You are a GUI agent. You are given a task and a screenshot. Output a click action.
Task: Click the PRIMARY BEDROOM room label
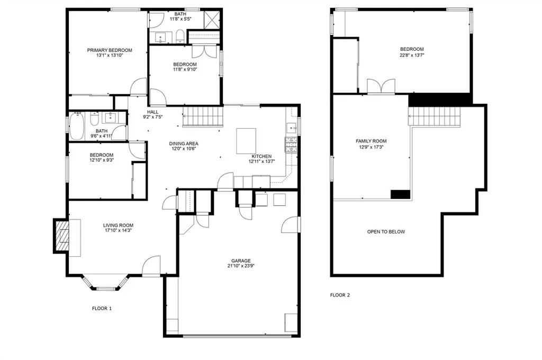[x=110, y=50]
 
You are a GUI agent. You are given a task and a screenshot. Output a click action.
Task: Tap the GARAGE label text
[x=241, y=260]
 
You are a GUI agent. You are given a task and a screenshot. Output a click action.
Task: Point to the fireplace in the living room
[x=62, y=236]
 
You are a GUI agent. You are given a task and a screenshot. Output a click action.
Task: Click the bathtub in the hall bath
[x=77, y=127]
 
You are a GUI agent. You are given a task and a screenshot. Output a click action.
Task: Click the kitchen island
[x=246, y=140]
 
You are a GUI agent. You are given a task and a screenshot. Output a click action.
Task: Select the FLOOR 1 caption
[x=102, y=308]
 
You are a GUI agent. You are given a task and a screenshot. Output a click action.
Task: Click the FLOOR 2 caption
[x=340, y=295]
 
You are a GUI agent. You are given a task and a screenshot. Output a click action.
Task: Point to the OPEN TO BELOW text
[x=386, y=232]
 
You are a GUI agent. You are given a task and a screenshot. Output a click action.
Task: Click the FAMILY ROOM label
[x=371, y=141]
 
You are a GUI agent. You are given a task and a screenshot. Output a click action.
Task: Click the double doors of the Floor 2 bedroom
[x=381, y=87]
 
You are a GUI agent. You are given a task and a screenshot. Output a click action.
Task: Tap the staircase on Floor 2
[x=434, y=116]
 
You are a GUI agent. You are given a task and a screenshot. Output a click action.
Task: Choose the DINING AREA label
[x=184, y=143]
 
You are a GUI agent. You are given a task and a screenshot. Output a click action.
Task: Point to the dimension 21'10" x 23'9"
[x=241, y=267]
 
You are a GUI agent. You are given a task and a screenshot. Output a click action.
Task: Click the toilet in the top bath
[x=180, y=37]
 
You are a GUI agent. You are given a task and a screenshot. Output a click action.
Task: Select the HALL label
[x=153, y=112]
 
